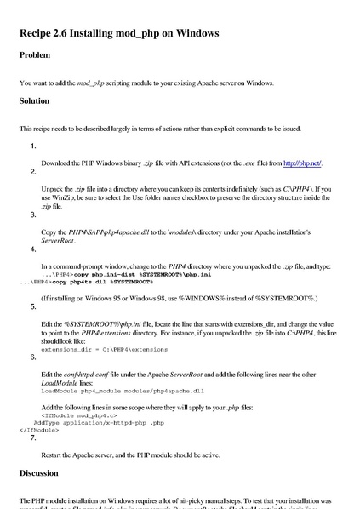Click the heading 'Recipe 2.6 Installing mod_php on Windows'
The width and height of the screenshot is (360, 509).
pyautogui.click(x=119, y=34)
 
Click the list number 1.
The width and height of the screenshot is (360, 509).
pyautogui.click(x=32, y=146)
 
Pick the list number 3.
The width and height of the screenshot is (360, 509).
pyautogui.click(x=32, y=215)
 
